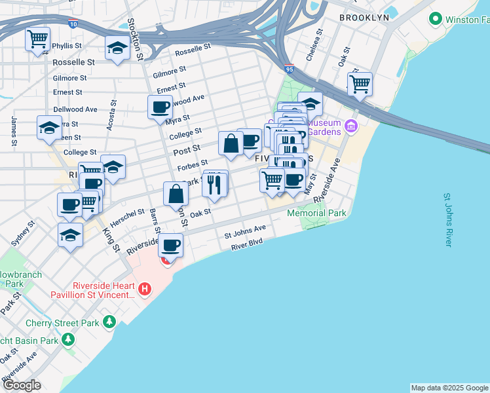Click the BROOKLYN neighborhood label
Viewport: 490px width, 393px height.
tap(365, 18)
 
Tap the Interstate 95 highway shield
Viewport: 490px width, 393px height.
tap(290, 67)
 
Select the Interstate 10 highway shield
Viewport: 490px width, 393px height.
tap(72, 24)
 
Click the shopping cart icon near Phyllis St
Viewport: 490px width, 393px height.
tap(38, 39)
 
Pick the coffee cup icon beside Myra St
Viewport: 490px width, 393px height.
tap(159, 107)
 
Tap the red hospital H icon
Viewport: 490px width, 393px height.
tap(145, 288)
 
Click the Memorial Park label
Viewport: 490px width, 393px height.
tap(316, 213)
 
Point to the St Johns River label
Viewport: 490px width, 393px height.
tap(448, 219)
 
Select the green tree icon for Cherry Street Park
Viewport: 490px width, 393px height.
tap(109, 322)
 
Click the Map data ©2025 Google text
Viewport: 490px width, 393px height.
tap(449, 388)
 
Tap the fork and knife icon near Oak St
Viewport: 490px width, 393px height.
tap(214, 185)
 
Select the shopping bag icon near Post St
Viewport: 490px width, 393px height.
tap(231, 144)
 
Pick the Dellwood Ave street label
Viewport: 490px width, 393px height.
tap(75, 109)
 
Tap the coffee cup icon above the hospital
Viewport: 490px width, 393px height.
tap(170, 246)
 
